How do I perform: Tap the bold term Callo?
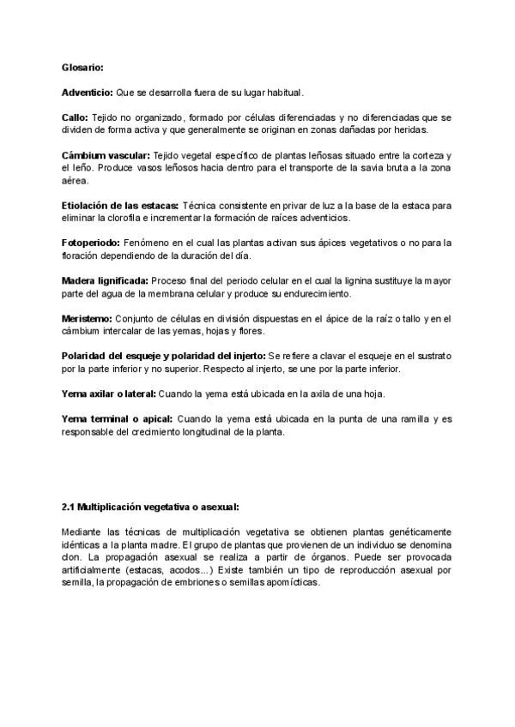(76, 117)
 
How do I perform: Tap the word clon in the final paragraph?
(70, 557)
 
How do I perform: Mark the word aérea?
(75, 181)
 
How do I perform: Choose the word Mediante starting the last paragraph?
(83, 532)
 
